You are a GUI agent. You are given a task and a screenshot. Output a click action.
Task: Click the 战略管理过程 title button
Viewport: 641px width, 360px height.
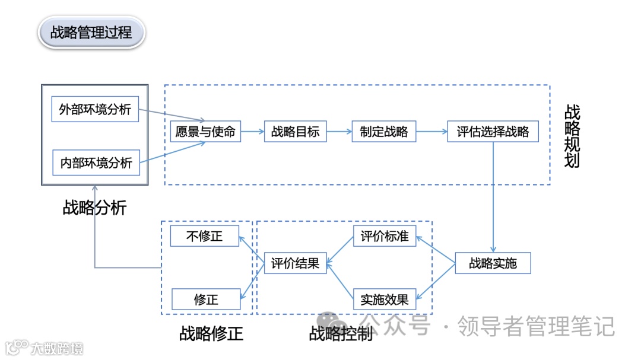pos(91,32)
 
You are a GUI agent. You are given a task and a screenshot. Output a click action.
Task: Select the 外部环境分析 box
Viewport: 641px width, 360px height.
pos(95,109)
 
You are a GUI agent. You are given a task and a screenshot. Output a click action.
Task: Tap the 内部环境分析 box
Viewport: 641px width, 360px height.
pos(96,162)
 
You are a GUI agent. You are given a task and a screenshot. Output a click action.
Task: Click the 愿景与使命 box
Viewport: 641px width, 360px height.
pos(206,131)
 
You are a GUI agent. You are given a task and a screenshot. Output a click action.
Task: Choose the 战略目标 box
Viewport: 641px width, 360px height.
pos(295,131)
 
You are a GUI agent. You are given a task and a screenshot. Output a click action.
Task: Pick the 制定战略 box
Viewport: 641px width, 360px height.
pos(383,131)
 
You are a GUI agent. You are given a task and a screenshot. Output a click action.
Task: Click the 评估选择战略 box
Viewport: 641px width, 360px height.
pos(493,131)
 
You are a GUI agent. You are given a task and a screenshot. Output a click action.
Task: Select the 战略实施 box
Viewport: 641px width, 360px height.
pos(493,263)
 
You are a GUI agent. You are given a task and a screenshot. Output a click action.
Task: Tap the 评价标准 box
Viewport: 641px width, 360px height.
pos(385,236)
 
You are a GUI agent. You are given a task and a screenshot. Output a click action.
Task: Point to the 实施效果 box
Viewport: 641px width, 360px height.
pos(385,300)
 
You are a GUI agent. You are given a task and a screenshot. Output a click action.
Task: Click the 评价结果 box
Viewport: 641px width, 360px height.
pos(295,263)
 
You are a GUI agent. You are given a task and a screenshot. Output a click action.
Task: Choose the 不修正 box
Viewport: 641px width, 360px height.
pos(205,236)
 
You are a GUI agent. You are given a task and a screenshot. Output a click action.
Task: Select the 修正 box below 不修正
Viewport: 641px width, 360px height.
pos(206,300)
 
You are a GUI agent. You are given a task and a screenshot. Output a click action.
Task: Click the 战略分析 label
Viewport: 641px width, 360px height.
pos(95,208)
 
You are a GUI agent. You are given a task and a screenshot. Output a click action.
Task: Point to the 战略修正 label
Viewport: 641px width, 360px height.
pos(211,333)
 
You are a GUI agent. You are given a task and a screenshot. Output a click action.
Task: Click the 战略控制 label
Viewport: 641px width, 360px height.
pos(341,333)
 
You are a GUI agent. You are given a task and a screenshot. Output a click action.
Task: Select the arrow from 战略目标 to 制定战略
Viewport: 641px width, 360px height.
pos(339,131)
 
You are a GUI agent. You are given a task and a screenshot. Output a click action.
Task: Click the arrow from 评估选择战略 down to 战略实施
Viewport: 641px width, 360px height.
pos(493,196)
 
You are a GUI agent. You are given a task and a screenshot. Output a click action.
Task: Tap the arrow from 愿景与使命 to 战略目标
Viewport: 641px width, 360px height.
pos(253,131)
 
